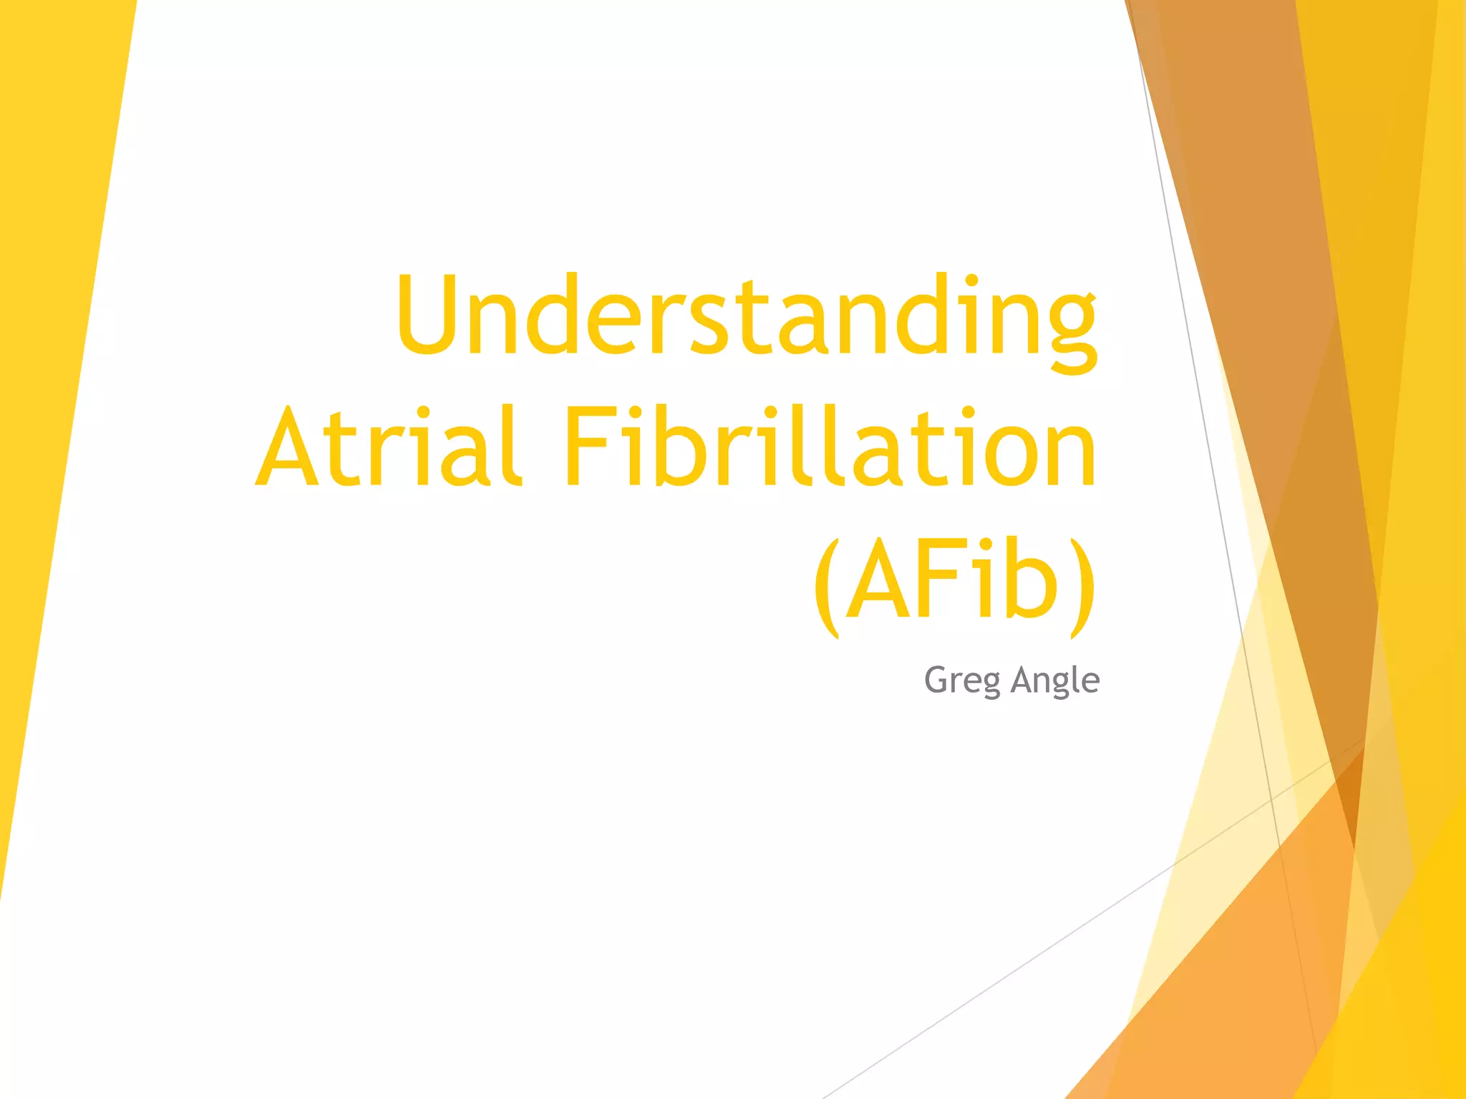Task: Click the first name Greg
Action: click(962, 680)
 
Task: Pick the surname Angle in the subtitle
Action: click(1055, 680)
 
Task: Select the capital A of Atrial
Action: click(286, 447)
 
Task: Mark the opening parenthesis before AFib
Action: click(827, 587)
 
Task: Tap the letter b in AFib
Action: click(1031, 580)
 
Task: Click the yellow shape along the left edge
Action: click(50, 358)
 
